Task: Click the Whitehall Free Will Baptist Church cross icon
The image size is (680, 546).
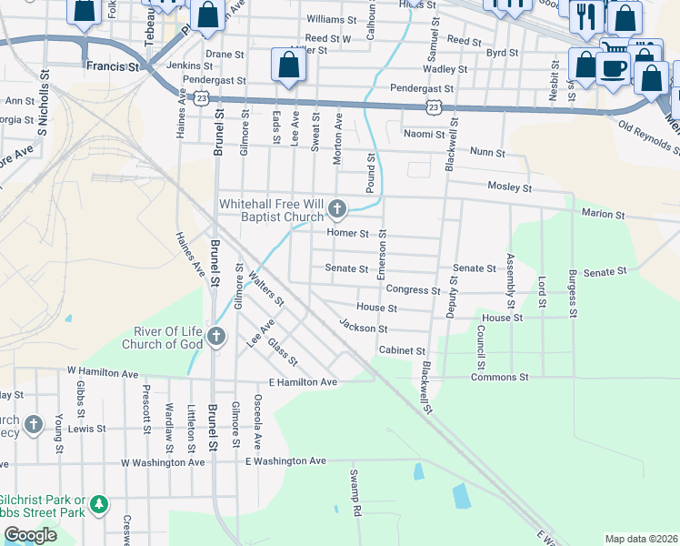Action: pos(337,210)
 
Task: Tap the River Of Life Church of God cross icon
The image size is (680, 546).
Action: pos(215,337)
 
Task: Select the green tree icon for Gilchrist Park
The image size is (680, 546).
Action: pos(99,503)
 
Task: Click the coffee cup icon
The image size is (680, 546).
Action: pos(613,67)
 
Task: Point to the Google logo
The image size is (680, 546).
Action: pos(30,535)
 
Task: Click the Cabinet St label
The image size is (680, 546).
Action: pos(402,350)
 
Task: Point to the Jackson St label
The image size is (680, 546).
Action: pos(364,327)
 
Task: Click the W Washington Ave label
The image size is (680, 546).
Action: pos(163,462)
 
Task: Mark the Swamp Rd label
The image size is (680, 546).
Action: pos(356,492)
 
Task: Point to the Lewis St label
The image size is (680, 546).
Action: pos(88,428)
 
